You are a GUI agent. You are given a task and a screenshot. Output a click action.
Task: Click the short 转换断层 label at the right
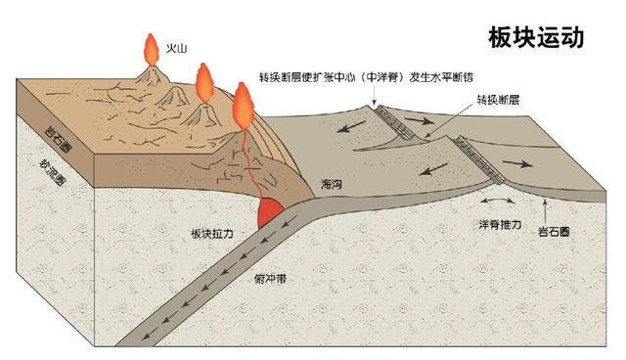(497, 100)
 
